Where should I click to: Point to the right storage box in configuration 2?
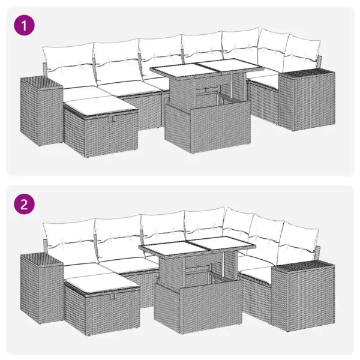point(299,285)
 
